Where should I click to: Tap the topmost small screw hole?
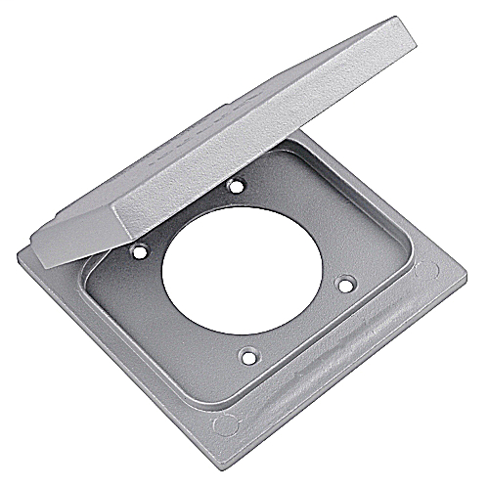tap(234, 185)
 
